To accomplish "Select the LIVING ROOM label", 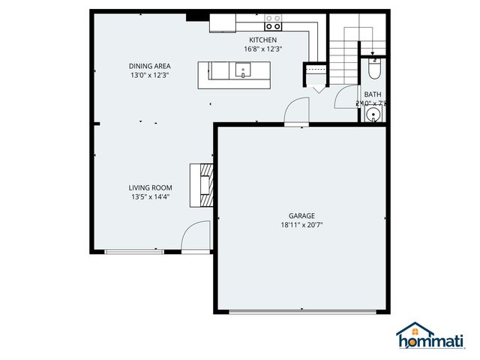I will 150,187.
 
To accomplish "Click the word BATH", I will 372,94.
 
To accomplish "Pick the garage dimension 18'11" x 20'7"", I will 301,223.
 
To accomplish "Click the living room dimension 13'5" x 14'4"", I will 150,197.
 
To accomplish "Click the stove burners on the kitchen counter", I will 273,22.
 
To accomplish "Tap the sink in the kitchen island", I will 242,71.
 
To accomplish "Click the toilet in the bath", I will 375,70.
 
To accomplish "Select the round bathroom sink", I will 373,115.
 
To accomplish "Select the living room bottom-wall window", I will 133,251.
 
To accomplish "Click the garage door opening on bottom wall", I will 301,311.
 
